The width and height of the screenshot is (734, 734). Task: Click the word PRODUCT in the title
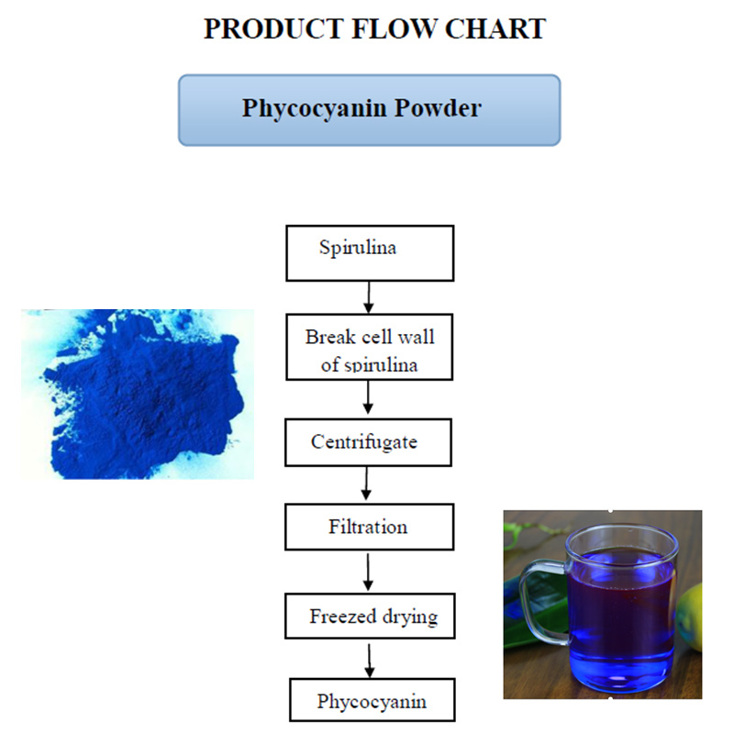273,29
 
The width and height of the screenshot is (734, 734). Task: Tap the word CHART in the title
495,29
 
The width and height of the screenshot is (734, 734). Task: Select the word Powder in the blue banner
438,107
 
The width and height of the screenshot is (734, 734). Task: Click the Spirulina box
370,253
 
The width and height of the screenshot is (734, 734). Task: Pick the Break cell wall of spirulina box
370,347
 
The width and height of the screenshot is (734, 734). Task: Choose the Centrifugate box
369,442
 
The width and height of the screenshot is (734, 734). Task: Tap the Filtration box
370,527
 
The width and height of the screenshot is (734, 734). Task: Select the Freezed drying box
370,616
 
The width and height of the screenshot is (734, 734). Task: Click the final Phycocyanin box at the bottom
373,700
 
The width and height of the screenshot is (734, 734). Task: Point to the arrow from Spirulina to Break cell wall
369,297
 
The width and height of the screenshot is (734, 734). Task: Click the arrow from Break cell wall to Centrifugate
368,397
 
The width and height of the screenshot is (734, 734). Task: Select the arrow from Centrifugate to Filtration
366,484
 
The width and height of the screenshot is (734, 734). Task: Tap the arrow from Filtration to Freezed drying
368,572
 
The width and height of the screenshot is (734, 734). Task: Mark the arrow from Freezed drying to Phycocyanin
370,661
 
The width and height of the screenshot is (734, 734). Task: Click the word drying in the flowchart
410,617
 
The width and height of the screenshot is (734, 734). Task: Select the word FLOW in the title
394,29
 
